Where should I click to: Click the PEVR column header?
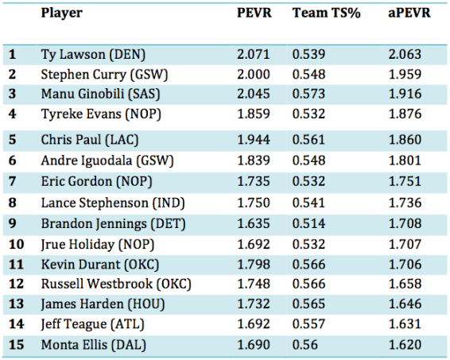254,13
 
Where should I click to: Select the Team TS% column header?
326,13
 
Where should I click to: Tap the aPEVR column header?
409,14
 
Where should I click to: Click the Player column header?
62,14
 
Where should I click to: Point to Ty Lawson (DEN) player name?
93,55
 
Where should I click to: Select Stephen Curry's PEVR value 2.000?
254,74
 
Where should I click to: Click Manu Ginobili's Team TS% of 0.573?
308,94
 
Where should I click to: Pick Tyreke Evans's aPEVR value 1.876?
405,114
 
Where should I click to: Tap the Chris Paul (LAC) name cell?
90,140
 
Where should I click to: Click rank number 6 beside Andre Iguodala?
13,161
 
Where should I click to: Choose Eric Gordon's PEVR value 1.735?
254,181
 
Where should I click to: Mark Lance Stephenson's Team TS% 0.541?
308,203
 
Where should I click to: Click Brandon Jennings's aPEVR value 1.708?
405,223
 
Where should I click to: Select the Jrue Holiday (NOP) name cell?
97,245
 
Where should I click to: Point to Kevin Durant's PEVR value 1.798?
254,264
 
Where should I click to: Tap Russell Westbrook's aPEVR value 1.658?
405,284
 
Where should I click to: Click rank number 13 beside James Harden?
16,304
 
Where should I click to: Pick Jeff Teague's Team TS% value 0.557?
308,324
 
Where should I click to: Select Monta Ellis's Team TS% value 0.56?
305,345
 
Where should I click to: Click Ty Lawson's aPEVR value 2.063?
405,54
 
